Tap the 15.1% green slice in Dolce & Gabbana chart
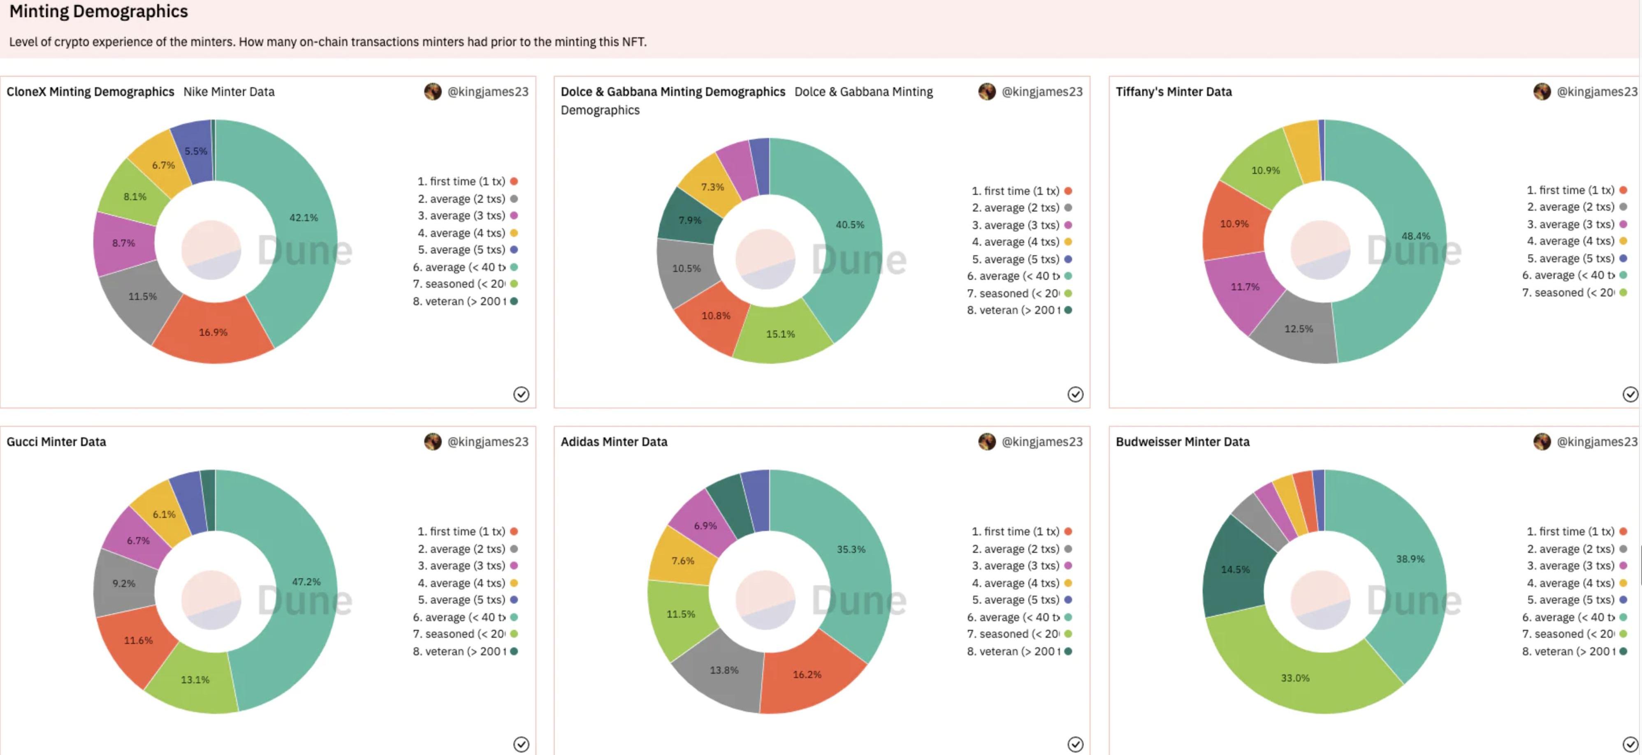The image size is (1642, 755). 781,333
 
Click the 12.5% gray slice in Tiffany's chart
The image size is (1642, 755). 1299,329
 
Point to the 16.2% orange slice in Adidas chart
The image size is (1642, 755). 807,674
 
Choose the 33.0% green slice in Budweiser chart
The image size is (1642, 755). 1295,677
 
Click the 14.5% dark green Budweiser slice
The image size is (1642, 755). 1235,569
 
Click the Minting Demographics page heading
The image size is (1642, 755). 98,12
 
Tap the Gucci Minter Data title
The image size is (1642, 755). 56,441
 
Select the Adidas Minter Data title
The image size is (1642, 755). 614,441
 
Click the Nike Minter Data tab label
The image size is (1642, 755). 229,92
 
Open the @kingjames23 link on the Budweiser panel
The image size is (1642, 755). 1597,441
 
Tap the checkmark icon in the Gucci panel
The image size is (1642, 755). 521,744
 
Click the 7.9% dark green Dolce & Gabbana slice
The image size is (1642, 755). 690,220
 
